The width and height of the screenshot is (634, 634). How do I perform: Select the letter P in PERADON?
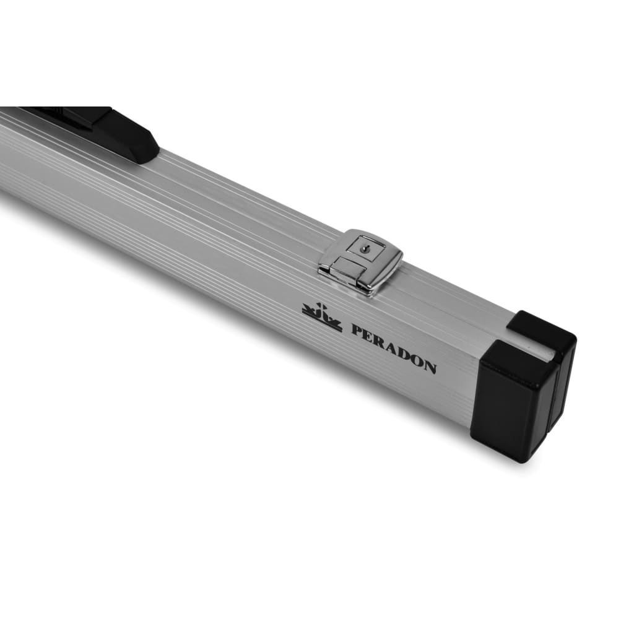coord(357,331)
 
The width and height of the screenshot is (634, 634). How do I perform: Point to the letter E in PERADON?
coord(370,336)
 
